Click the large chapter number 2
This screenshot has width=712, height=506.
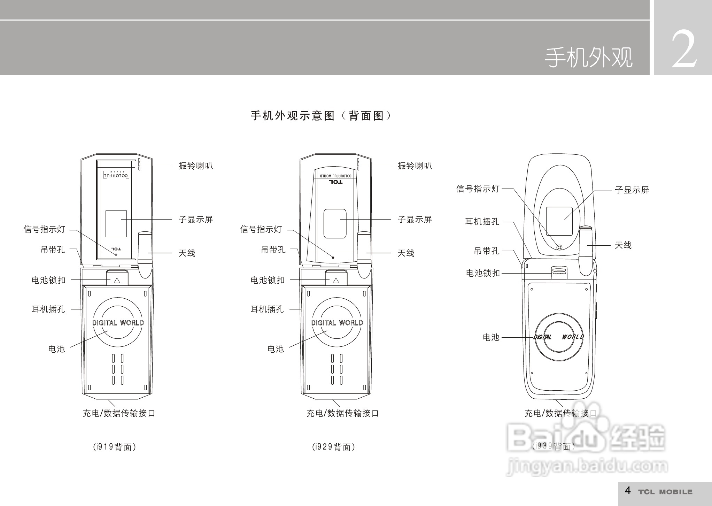click(684, 50)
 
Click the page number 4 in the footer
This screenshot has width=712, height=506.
click(628, 491)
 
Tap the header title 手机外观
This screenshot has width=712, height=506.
click(588, 58)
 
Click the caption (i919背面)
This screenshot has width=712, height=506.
click(114, 447)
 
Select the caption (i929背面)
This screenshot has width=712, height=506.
click(333, 447)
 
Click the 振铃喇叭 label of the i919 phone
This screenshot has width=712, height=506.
click(195, 166)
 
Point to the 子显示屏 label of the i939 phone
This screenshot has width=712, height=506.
click(632, 190)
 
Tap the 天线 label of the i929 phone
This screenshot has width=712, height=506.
click(406, 253)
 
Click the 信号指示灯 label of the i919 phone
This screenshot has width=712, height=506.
click(44, 229)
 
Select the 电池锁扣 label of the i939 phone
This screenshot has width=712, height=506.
click(483, 273)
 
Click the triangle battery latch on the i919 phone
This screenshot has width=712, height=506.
click(117, 280)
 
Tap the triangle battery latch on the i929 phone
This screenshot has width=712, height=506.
click(336, 280)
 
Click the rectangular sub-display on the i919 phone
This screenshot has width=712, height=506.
click(116, 224)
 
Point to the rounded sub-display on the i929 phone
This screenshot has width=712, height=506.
click(335, 224)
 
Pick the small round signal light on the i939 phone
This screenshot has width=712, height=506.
click(559, 247)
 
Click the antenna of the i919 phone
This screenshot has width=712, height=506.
click(145, 254)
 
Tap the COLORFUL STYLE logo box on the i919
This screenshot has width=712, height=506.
click(116, 174)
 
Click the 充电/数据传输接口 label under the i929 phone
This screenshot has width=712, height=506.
click(342, 413)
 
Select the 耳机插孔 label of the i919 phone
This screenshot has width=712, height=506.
click(48, 309)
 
